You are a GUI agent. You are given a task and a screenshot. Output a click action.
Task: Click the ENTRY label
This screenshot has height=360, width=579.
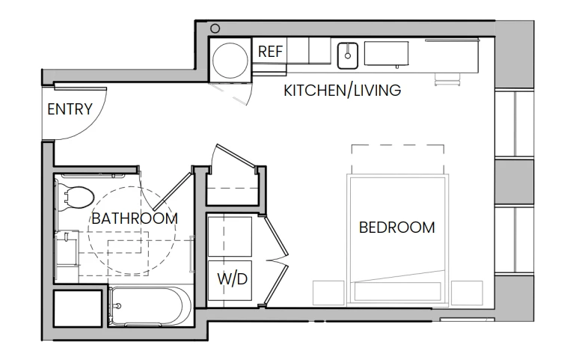pyautogui.click(x=70, y=109)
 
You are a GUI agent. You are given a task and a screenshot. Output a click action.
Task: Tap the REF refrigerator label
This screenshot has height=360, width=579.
pyautogui.click(x=270, y=52)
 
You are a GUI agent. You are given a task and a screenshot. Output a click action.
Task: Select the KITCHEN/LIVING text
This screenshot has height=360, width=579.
pyautogui.click(x=343, y=91)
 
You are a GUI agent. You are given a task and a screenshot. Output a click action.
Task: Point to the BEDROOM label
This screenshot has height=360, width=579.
pyautogui.click(x=397, y=228)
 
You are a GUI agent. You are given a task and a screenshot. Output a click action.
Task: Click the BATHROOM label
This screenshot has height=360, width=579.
pyautogui.click(x=135, y=219)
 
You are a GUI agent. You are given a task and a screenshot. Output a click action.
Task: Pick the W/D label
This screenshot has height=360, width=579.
pyautogui.click(x=232, y=279)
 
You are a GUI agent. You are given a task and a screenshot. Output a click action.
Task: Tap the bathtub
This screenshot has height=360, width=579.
pyautogui.click(x=150, y=306)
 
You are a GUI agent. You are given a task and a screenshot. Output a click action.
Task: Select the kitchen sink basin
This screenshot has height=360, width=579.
pyautogui.click(x=347, y=56)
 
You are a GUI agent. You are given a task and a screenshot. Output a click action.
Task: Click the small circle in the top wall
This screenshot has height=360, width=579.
pyautogui.click(x=215, y=28)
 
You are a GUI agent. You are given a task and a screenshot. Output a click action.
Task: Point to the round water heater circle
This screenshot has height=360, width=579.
pyautogui.click(x=230, y=60)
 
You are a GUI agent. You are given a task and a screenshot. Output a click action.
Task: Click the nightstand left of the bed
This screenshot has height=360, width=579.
pyautogui.click(x=328, y=293)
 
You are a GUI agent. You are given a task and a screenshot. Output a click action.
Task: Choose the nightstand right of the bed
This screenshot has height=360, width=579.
pyautogui.click(x=467, y=293)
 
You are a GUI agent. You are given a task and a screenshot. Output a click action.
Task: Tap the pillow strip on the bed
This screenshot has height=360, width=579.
pyautogui.click(x=398, y=291)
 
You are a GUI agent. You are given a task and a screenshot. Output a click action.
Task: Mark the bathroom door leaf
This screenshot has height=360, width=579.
pyautogui.click(x=173, y=192)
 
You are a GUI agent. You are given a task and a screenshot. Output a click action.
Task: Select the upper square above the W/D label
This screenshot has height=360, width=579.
pyautogui.click(x=230, y=237)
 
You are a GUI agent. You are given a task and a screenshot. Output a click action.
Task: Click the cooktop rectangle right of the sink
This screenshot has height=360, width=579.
pyautogui.click(x=386, y=54)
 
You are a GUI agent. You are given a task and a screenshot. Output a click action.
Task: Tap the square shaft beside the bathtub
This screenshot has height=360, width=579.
pyautogui.click(x=78, y=308)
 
